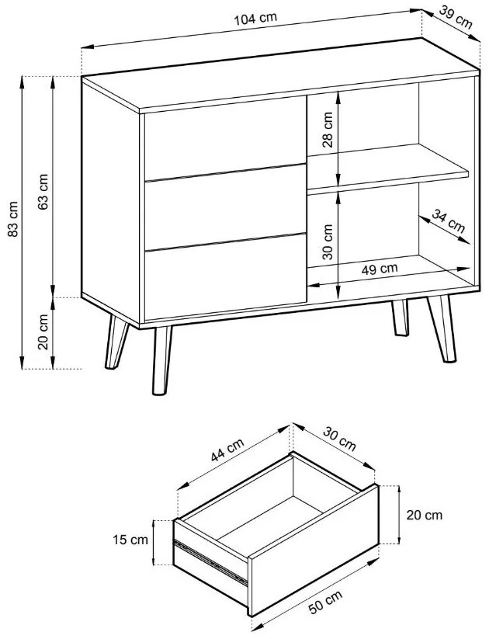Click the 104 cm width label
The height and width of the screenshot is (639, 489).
255,19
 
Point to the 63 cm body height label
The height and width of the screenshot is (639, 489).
43,192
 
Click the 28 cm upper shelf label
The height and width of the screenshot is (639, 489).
328,129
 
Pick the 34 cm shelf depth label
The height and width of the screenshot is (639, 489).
449,221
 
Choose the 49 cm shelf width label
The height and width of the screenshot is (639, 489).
380,269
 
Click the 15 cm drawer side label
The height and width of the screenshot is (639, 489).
130,540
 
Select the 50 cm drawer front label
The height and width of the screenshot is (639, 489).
325,602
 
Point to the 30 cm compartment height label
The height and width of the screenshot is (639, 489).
328,241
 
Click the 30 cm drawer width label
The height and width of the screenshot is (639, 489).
340,439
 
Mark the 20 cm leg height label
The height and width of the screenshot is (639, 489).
43,332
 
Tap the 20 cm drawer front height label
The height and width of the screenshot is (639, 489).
425,515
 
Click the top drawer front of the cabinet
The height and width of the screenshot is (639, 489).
225,138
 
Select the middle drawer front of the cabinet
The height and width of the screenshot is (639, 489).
225,207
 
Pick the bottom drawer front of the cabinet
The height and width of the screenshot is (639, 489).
225,277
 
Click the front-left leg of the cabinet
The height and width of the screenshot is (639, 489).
161,360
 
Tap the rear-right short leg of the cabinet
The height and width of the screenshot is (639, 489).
401,318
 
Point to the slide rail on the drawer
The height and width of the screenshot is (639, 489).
210,563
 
